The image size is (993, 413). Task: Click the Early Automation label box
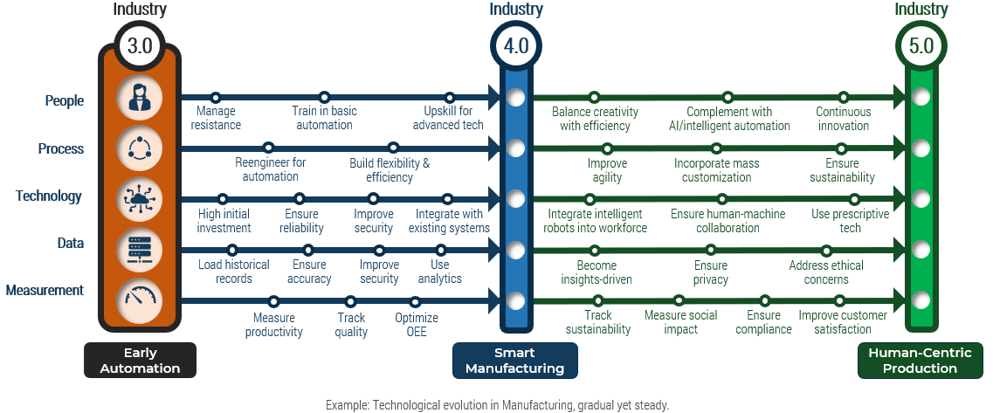tap(140, 361)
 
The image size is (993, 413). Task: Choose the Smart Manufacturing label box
tap(514, 361)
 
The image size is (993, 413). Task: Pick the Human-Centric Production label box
tap(920, 361)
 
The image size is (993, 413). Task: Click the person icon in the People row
tap(140, 98)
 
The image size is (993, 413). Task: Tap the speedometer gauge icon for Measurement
tap(140, 299)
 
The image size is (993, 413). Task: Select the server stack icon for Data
tap(140, 249)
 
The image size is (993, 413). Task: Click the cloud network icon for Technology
tap(140, 199)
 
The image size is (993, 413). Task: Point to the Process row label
tap(61, 148)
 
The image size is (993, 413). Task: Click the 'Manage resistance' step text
tap(217, 118)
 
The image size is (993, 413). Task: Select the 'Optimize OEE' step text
tap(417, 325)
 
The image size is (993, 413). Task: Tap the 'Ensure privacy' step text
tap(710, 272)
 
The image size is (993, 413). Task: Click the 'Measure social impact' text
tap(680, 322)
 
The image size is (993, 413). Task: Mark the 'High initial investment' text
tap(224, 221)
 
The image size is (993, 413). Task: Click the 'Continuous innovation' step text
tap(844, 118)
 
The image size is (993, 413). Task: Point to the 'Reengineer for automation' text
tap(270, 169)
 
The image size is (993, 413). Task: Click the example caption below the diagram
tap(497, 405)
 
